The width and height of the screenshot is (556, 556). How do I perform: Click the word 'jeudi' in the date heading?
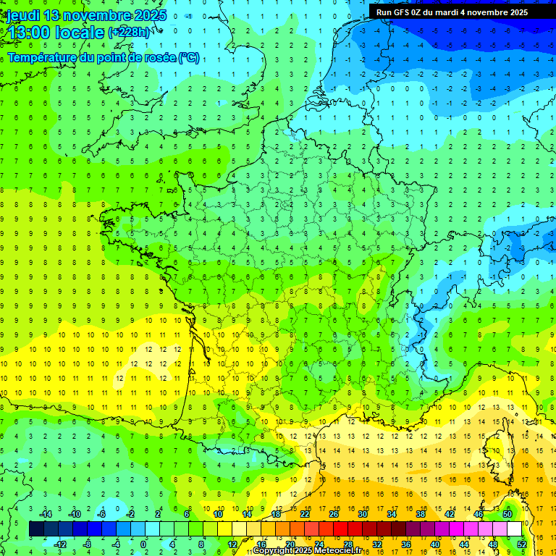coord(22,15)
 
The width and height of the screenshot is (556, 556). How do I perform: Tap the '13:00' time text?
coord(28,33)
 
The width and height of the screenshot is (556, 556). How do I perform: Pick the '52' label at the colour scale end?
coord(521,544)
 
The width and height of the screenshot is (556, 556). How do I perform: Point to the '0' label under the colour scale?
coord(143,544)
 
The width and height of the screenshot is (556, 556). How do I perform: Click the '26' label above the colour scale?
coord(334,514)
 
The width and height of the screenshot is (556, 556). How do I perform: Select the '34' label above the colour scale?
coord(392,514)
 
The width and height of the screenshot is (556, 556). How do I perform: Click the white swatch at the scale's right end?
coord(514,529)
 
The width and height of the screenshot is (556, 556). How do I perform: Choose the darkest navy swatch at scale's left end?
coord(36,529)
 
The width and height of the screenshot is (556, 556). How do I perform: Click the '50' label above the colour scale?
coord(507,514)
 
